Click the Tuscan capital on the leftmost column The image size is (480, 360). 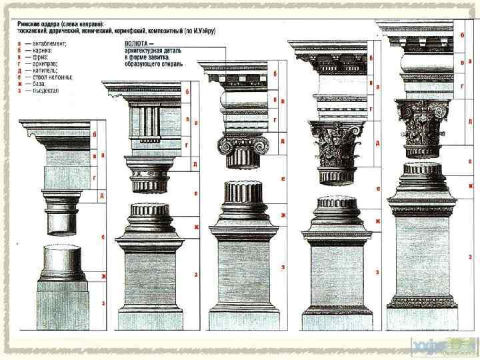(x=69, y=199)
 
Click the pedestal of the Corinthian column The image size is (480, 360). (x=335, y=273)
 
